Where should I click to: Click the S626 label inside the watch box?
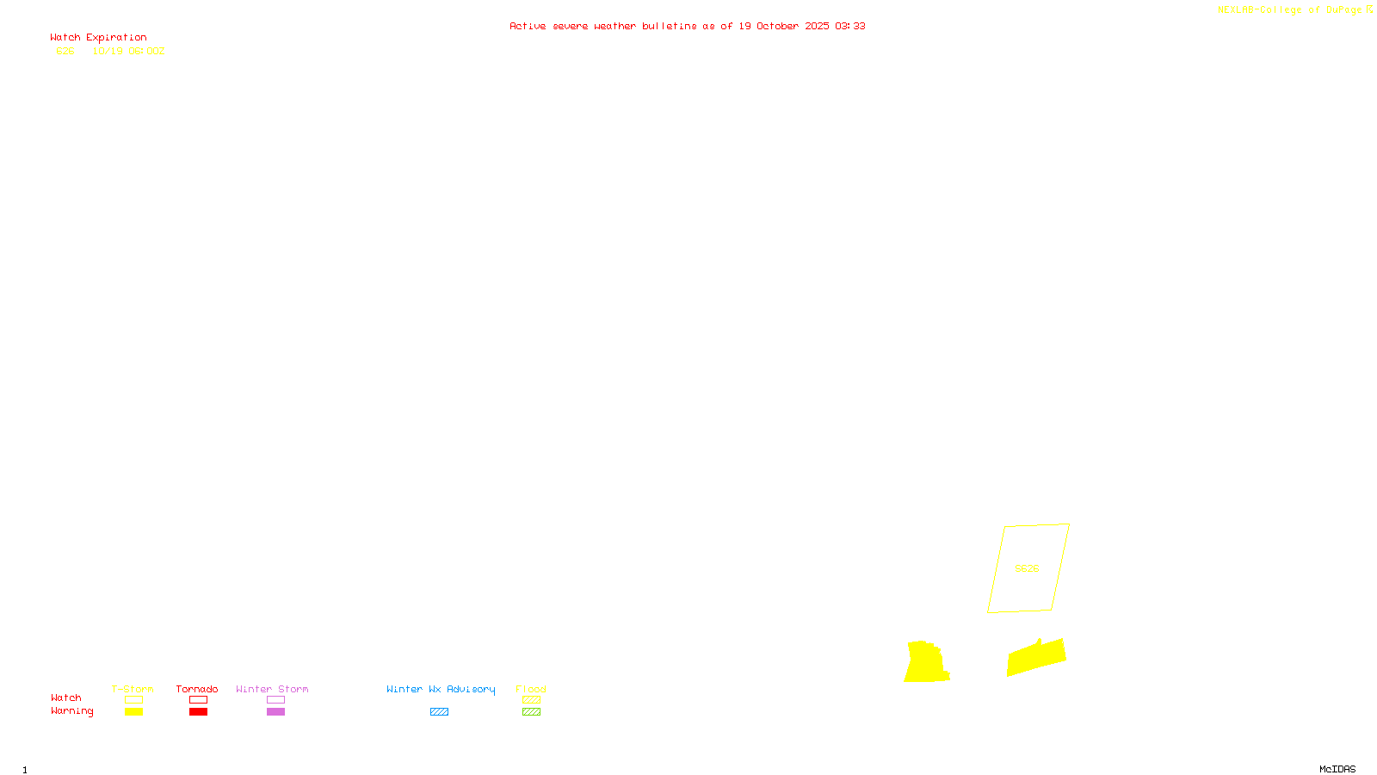click(1027, 568)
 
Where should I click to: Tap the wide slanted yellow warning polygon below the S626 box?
click(1036, 657)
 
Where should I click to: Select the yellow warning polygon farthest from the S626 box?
click(926, 663)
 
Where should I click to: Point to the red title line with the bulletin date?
click(687, 26)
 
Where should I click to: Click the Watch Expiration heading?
click(98, 38)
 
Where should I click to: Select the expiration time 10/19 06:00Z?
click(128, 51)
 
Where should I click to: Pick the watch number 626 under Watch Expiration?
click(65, 51)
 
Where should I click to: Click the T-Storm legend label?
click(133, 689)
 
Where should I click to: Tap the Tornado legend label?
click(197, 689)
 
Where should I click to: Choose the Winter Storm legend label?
click(272, 689)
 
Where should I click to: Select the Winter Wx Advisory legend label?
click(441, 689)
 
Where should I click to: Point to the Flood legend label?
click(531, 689)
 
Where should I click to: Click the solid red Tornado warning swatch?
click(199, 712)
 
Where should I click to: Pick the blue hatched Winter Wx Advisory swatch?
click(439, 712)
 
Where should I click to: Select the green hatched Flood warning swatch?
click(531, 712)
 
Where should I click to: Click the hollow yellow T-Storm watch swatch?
click(133, 700)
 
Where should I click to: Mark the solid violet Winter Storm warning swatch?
click(275, 712)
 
